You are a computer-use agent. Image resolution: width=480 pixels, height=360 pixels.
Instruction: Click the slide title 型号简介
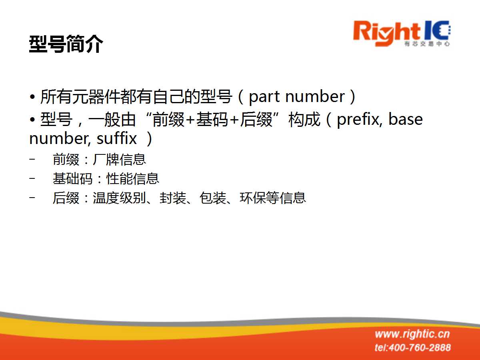pos(66,44)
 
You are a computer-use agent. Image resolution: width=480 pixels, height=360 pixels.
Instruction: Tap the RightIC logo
pos(402,34)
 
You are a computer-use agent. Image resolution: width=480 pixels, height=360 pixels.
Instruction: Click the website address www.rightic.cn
pos(412,334)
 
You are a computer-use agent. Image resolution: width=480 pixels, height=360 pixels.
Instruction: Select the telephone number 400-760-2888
pos(420,348)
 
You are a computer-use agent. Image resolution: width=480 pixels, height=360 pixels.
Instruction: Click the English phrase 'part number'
pos(297,97)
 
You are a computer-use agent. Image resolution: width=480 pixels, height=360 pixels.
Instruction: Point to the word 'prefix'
pos(359,120)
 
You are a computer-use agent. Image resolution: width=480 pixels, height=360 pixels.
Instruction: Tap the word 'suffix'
pos(116,138)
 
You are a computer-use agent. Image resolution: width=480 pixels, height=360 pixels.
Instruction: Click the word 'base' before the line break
pos(405,119)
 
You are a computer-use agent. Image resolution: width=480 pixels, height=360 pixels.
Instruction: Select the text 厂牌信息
pos(119,159)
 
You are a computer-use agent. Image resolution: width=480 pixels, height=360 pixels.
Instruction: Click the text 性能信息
pos(133,178)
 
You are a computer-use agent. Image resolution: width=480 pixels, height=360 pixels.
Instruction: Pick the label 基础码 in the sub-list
pos(73,178)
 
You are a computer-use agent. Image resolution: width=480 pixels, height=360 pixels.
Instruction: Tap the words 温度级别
pos(119,198)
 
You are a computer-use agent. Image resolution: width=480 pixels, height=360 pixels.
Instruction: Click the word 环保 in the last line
pos(253,198)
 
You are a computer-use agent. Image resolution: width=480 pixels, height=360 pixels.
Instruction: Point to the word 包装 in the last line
pos(212,198)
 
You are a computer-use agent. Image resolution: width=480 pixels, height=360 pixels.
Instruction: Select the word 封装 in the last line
pos(173,198)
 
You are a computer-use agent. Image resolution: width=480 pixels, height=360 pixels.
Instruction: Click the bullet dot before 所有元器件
pos(32,97)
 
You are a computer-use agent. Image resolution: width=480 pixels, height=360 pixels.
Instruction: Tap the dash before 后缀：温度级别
pos(32,198)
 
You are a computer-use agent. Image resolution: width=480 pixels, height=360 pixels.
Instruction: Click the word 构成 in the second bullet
pos(304,120)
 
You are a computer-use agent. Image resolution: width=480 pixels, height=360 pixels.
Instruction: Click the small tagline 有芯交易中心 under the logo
pos(427,44)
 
